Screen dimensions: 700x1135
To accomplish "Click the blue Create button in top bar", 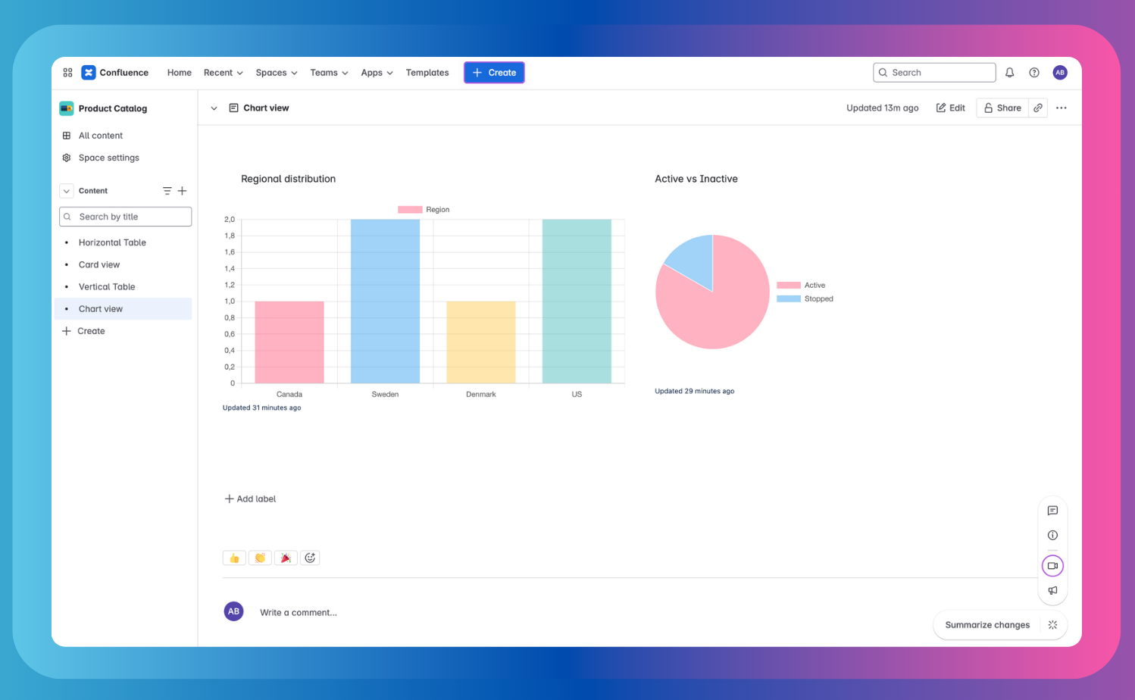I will pyautogui.click(x=494, y=73).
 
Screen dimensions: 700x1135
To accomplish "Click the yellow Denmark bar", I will pyautogui.click(x=480, y=342).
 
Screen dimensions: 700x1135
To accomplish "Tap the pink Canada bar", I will pyautogui.click(x=289, y=342).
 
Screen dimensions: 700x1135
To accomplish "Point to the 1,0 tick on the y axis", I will pyautogui.click(x=229, y=302).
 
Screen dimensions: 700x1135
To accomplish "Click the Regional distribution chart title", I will pyautogui.click(x=288, y=179).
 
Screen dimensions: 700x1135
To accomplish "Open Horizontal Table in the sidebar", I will pyautogui.click(x=112, y=242).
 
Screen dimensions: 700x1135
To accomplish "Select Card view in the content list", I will pyautogui.click(x=99, y=264).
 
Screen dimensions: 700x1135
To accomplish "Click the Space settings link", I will pyautogui.click(x=108, y=158).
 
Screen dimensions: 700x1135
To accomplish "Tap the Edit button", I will pyautogui.click(x=951, y=108).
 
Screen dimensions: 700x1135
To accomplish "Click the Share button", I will pyautogui.click(x=1002, y=108).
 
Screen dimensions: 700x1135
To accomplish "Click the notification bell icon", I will pyautogui.click(x=1009, y=73).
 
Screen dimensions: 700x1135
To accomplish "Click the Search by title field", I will pyautogui.click(x=126, y=217).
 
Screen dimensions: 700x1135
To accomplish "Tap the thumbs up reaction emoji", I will pyautogui.click(x=234, y=558).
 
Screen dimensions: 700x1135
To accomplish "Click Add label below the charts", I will pyautogui.click(x=250, y=498).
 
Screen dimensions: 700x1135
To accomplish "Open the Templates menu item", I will pyautogui.click(x=427, y=73).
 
